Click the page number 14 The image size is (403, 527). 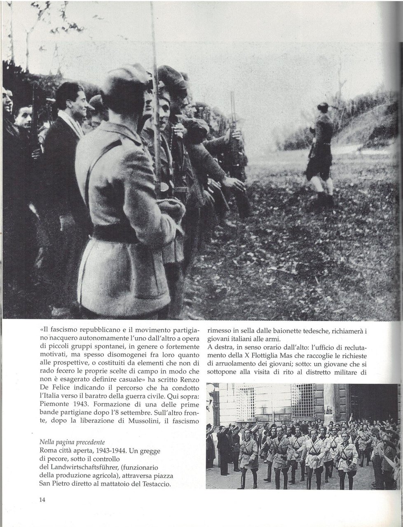(x=42, y=500)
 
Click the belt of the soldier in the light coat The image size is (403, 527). (x=113, y=235)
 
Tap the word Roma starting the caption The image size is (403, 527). (x=48, y=450)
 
